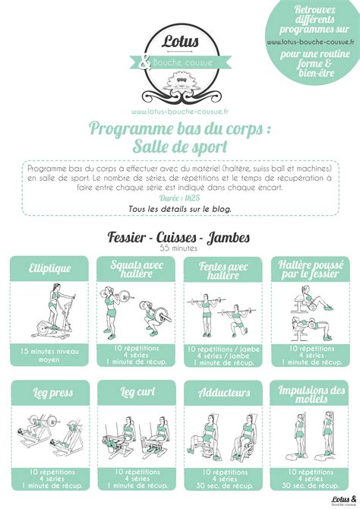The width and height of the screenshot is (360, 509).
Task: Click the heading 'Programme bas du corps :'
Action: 180,129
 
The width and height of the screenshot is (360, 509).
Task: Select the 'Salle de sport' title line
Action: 180,147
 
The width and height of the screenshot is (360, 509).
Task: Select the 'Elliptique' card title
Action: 49,267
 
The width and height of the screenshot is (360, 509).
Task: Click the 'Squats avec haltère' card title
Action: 136,269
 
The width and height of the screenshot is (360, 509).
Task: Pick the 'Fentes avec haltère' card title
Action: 223,269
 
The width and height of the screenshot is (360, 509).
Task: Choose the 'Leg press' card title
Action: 49,393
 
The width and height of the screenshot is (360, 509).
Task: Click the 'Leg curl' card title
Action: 136,393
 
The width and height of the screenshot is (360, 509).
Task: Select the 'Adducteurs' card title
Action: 223,393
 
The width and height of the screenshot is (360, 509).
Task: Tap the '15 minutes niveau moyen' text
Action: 49,356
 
